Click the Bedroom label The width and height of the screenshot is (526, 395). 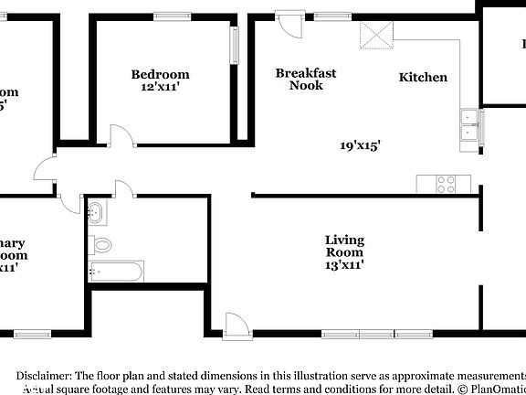pos(160,74)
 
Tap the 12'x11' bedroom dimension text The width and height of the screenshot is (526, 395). pos(160,87)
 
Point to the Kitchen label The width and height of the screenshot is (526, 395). pos(423,77)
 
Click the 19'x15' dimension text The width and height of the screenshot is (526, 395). pos(360,144)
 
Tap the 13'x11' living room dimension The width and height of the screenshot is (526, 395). pos(344,265)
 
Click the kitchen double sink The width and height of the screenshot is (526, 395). pos(470,123)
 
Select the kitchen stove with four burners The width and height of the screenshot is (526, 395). pos(447,184)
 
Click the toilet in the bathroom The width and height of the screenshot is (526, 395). pos(100,245)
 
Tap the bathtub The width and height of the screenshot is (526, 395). pos(116,271)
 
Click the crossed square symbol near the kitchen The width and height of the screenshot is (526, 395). pos(375,36)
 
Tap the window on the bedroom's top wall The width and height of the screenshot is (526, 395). pos(172,16)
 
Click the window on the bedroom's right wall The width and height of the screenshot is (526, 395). pos(235,42)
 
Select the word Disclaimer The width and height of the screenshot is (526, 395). pos(43,376)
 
